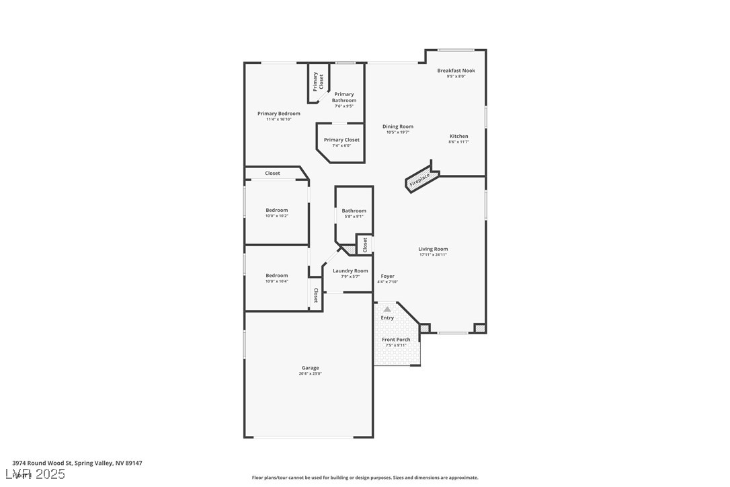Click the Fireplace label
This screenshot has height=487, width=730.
(420, 180)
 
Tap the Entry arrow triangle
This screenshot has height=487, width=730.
(387, 309)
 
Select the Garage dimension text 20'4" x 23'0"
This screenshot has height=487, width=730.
(311, 373)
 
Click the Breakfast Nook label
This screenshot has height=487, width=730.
(456, 71)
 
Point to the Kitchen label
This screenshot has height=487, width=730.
(459, 136)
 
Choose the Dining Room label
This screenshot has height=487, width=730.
(398, 126)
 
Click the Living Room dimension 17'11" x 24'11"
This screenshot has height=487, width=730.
(433, 255)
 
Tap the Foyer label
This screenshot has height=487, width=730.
(388, 276)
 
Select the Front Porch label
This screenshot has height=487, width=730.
(396, 340)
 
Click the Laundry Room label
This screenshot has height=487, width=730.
(350, 270)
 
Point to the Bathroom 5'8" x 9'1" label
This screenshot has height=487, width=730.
(354, 211)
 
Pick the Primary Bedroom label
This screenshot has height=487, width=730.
(279, 114)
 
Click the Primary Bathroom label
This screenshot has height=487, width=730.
(344, 98)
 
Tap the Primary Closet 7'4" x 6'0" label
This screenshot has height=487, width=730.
(341, 140)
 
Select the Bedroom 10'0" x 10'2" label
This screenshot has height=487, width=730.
(276, 210)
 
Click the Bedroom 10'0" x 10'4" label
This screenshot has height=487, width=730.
(276, 275)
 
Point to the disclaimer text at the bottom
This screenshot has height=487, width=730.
(365, 478)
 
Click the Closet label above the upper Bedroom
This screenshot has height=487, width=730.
(272, 173)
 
